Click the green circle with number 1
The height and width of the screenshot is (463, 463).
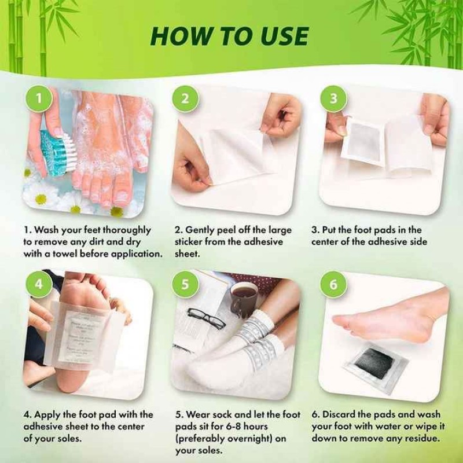pyautogui.click(x=39, y=98)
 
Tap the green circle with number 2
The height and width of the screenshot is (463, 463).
pyautogui.click(x=185, y=98)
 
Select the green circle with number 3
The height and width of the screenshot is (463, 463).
pyautogui.click(x=333, y=98)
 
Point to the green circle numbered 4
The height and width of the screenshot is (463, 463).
pyautogui.click(x=39, y=285)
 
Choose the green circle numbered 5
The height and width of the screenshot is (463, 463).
pyautogui.click(x=185, y=285)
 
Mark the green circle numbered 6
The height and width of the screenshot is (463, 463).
pyautogui.click(x=333, y=285)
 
